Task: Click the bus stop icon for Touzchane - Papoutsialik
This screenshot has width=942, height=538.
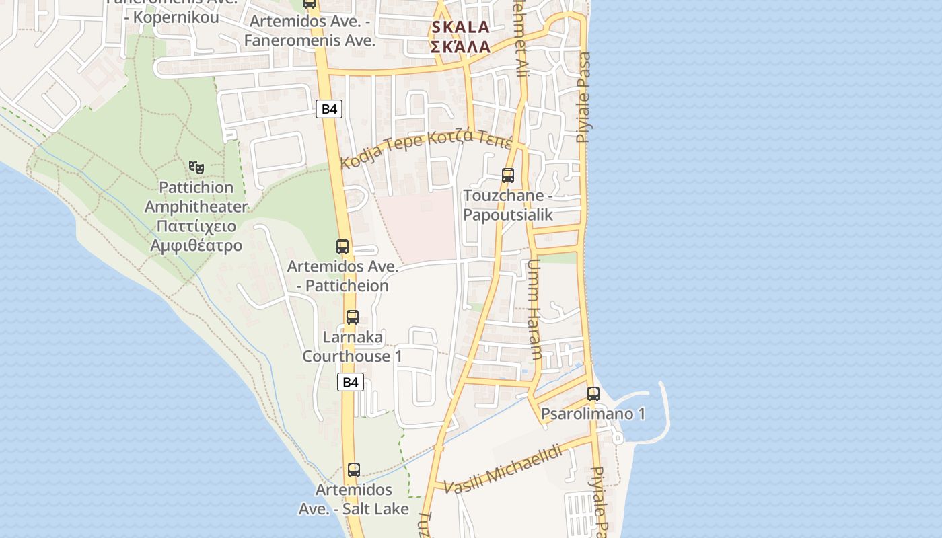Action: coord(508,176)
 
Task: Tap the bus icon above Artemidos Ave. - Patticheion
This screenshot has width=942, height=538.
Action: coord(342,247)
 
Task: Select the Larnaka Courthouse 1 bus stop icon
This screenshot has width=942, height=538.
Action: coord(353,317)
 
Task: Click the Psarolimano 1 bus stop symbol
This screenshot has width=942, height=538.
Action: coord(593,394)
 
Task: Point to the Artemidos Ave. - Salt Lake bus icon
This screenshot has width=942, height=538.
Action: coord(354,470)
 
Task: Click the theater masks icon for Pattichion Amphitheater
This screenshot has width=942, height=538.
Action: coord(196,166)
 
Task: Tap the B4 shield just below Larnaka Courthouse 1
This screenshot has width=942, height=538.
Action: coord(350,383)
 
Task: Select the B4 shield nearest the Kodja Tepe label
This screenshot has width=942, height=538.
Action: coord(329,109)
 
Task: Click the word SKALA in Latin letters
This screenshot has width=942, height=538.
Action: coord(460,28)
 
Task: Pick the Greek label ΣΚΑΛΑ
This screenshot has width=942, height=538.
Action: coord(460,47)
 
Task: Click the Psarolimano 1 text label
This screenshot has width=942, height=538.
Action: coord(593,414)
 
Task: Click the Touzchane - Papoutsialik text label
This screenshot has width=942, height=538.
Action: coord(508,205)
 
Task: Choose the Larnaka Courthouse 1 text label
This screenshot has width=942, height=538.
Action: coord(353,346)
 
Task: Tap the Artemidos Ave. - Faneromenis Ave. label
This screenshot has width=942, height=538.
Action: coord(310,31)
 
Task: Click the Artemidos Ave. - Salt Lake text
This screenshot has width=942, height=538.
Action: coord(354,499)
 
